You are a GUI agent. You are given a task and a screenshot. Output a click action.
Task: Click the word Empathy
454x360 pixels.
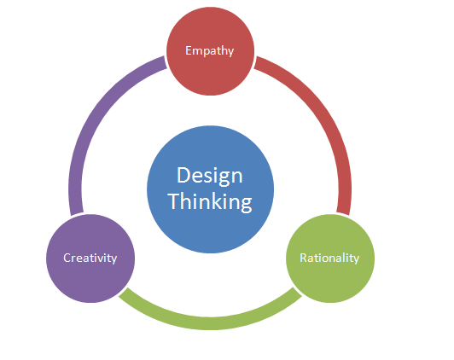tap(210, 51)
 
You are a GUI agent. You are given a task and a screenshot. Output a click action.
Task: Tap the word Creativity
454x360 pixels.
tap(90, 258)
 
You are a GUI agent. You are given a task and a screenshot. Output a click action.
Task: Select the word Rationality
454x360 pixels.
tap(329, 258)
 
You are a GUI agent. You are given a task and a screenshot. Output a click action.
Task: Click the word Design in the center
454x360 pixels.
tap(210, 176)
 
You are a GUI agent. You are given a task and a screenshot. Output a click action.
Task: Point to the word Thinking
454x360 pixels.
tap(210, 201)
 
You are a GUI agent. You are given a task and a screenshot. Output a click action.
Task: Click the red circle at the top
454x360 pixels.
tap(211, 51)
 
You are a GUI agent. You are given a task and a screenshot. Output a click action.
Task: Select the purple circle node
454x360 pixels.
tap(90, 258)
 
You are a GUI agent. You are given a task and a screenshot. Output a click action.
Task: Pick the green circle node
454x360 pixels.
tap(330, 258)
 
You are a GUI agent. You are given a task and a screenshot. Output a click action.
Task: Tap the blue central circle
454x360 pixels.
tap(211, 189)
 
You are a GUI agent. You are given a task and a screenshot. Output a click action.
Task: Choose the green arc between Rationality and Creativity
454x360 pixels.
tap(211, 323)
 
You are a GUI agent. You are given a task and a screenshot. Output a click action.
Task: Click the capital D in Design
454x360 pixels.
tap(183, 175)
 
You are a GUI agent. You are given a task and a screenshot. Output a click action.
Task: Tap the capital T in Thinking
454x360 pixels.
tap(175, 200)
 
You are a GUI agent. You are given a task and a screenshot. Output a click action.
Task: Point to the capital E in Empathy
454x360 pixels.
tap(189, 50)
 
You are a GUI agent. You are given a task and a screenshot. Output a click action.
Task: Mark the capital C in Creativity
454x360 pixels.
tap(67, 258)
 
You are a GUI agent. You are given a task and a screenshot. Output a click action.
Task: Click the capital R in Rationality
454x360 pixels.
tap(303, 258)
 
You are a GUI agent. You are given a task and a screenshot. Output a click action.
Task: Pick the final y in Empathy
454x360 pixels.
tap(230, 52)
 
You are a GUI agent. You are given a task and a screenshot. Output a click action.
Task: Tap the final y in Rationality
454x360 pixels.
tap(356, 259)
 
